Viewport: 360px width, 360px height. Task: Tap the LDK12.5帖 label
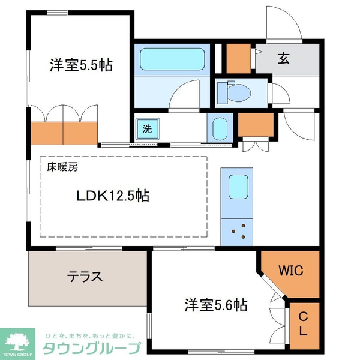pyautogui.click(x=112, y=196)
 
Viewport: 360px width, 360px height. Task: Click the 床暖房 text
pyautogui.click(x=62, y=168)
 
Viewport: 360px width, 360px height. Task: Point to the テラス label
pyautogui.click(x=85, y=277)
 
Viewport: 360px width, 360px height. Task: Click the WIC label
pyautogui.click(x=290, y=271)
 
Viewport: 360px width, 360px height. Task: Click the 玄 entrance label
pyautogui.click(x=283, y=59)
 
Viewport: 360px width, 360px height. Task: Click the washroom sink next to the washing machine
pyautogui.click(x=218, y=128)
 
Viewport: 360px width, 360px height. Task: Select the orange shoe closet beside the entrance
pyautogui.click(x=238, y=58)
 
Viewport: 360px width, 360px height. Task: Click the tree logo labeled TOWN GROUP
pyautogui.click(x=19, y=342)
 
